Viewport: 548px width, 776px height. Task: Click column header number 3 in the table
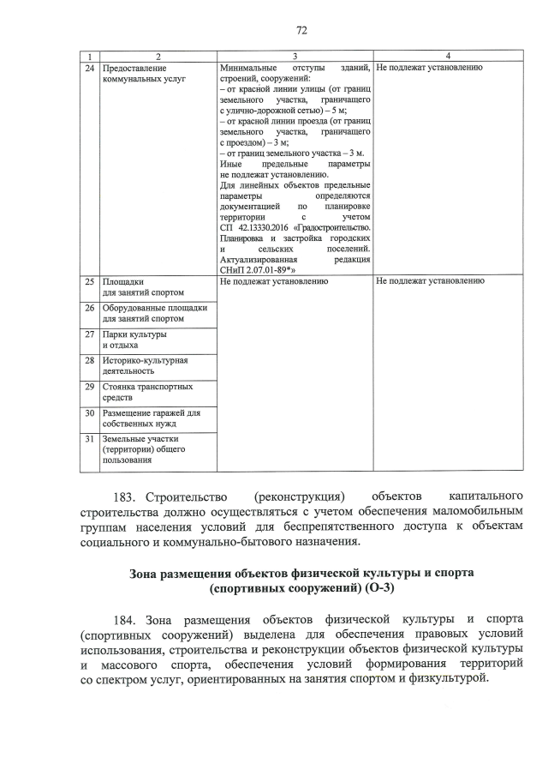point(295,56)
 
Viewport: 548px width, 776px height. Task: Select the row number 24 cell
point(90,67)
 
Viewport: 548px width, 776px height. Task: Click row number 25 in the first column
point(90,280)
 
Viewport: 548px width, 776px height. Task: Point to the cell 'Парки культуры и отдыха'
point(134,340)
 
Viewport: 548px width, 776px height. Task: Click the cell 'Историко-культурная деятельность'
point(145,366)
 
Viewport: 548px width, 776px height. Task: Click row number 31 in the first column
point(90,439)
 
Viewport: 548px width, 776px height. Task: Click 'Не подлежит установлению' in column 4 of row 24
point(430,67)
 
